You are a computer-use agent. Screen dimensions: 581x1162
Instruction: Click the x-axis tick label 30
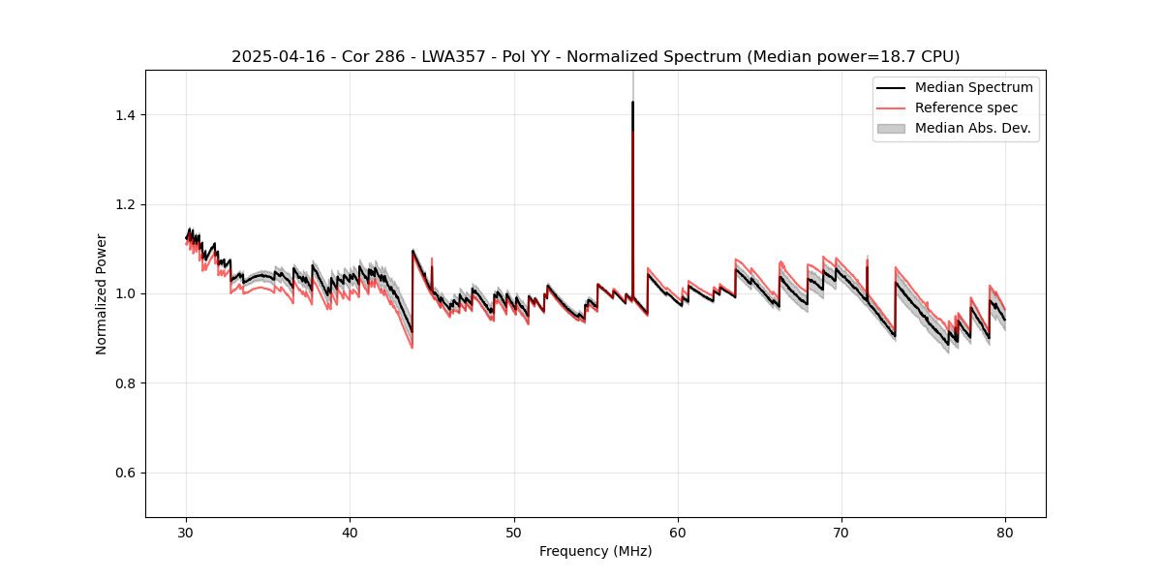click(x=186, y=532)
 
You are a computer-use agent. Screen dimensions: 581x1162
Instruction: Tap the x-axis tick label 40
click(x=350, y=532)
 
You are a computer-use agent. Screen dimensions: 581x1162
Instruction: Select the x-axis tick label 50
click(x=513, y=532)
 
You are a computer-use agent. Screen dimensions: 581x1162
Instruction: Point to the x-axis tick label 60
click(x=678, y=532)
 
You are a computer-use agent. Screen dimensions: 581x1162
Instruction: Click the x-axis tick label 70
click(x=841, y=532)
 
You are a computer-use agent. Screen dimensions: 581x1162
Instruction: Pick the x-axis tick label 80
click(x=1005, y=532)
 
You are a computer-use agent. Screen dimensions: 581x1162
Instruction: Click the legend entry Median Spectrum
click(x=973, y=88)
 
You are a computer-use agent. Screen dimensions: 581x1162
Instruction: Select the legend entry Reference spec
click(x=966, y=107)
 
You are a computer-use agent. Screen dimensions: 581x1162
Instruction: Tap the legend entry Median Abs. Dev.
click(x=972, y=128)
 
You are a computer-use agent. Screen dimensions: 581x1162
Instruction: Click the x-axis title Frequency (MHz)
click(x=596, y=551)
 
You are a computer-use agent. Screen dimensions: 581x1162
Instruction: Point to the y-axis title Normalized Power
click(x=102, y=293)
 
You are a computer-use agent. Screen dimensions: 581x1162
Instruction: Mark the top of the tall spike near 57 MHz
click(x=632, y=102)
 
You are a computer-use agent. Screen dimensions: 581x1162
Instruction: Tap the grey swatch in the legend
click(x=891, y=128)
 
